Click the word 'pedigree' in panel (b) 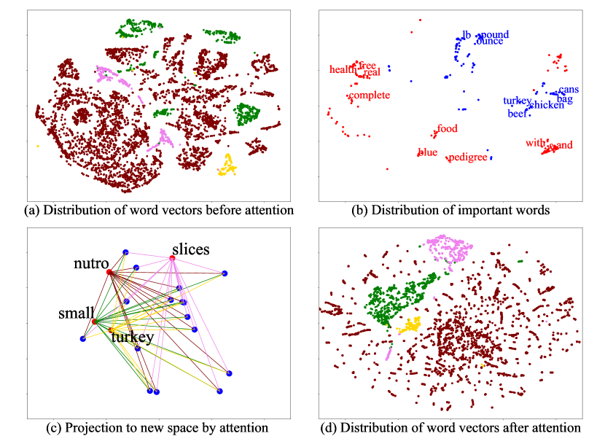pyautogui.click(x=467, y=157)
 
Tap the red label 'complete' pyautogui.click(x=370, y=96)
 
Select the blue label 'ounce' pyautogui.click(x=489, y=42)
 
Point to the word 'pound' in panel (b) pyautogui.click(x=494, y=34)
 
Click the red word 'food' pyautogui.click(x=448, y=129)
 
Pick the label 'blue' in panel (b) pyautogui.click(x=428, y=152)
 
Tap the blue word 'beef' pyautogui.click(x=516, y=114)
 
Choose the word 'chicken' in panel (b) pyautogui.click(x=547, y=106)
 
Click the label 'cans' pyautogui.click(x=569, y=90)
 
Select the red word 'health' pyautogui.click(x=342, y=70)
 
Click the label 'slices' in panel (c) pyautogui.click(x=190, y=249)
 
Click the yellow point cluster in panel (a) pyautogui.click(x=228, y=165)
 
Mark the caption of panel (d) pyautogui.click(x=452, y=428)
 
